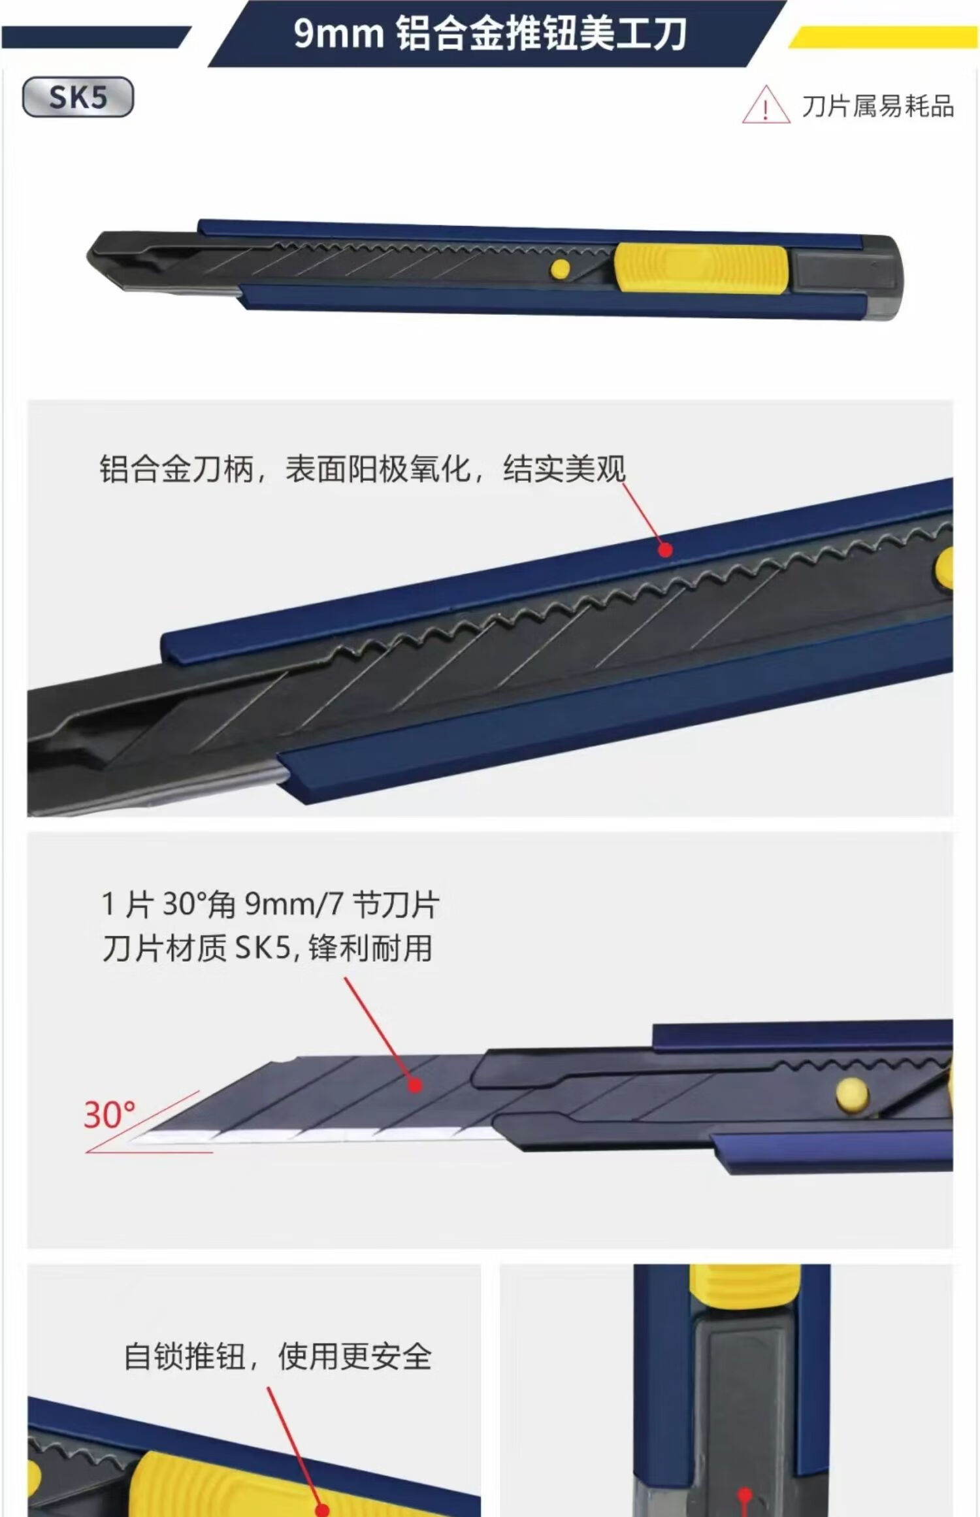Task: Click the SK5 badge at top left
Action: point(78,97)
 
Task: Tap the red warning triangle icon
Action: point(765,105)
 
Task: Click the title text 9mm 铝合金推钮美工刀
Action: point(490,33)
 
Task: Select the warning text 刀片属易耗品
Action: point(878,106)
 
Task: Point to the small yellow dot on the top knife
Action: point(561,269)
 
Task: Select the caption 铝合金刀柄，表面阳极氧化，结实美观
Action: point(363,468)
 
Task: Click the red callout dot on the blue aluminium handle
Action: point(665,550)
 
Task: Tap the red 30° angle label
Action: point(110,1115)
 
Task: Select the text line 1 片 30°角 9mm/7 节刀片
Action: point(270,904)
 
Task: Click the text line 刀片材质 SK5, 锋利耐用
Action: point(267,948)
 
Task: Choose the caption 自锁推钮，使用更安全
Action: point(278,1356)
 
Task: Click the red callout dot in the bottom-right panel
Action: point(745,1495)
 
